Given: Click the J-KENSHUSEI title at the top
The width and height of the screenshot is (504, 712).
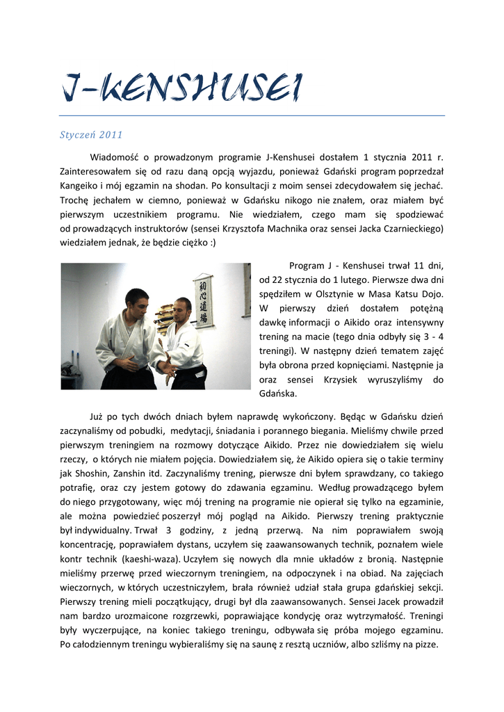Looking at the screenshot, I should (182, 88).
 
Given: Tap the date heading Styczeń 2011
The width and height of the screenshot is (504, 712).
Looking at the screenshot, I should (92, 134).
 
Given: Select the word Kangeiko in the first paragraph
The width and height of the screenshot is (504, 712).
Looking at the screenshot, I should (81, 186).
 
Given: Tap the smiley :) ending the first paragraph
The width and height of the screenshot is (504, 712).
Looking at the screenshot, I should (212, 243).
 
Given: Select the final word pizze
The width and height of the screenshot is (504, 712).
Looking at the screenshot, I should (425, 645).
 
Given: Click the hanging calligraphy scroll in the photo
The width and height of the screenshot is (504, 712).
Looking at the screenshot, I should (203, 300).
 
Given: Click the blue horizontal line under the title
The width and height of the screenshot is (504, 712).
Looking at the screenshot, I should (252, 115).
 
